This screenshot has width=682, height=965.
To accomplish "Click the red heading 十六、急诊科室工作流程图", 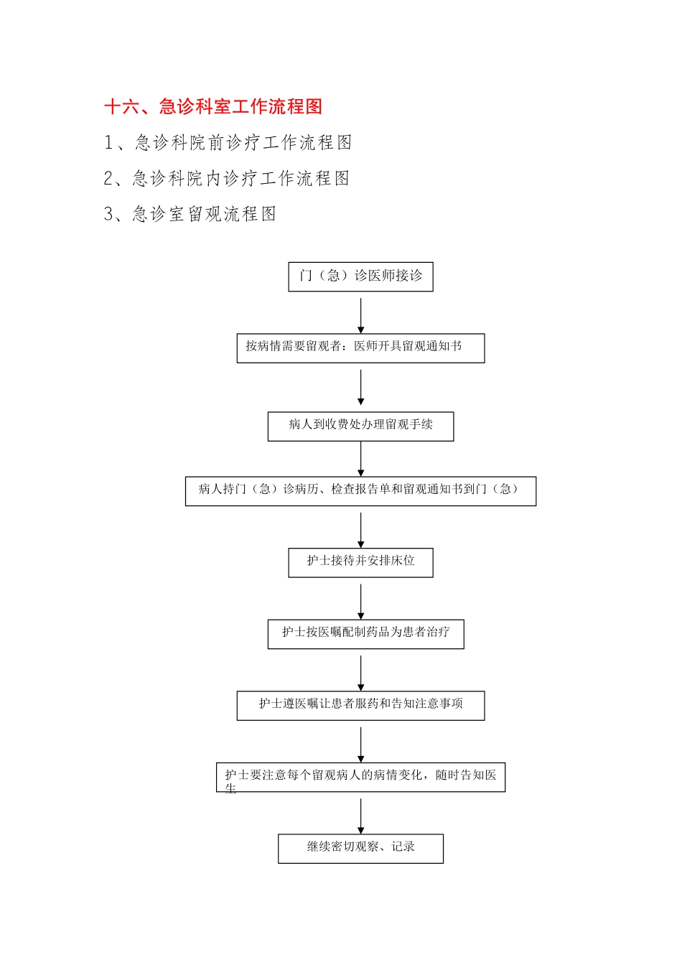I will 213,107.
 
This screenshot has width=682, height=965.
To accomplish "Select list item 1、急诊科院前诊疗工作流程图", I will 228,143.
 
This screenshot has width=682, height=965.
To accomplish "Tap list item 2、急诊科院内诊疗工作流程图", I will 226,178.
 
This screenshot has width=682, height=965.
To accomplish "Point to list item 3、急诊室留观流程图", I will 190,214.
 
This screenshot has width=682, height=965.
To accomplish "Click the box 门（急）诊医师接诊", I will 360,276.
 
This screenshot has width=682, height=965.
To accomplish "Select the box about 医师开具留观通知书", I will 360,348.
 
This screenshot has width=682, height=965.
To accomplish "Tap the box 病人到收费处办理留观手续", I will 360,426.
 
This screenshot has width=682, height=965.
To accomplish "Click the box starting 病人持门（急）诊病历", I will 360,490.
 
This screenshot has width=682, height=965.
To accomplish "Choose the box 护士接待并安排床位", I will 360,562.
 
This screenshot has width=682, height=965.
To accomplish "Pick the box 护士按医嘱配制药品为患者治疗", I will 365,633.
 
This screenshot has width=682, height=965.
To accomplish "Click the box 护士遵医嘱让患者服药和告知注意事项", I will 360,705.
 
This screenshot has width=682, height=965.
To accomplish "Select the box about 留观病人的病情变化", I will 360,776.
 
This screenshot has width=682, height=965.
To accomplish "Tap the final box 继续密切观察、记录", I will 360,848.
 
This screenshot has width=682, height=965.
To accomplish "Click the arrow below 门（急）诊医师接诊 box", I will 360,316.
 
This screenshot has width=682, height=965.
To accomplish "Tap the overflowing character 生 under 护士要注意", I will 230,788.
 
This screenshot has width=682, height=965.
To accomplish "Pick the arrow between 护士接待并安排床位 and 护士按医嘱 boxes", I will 360,601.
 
